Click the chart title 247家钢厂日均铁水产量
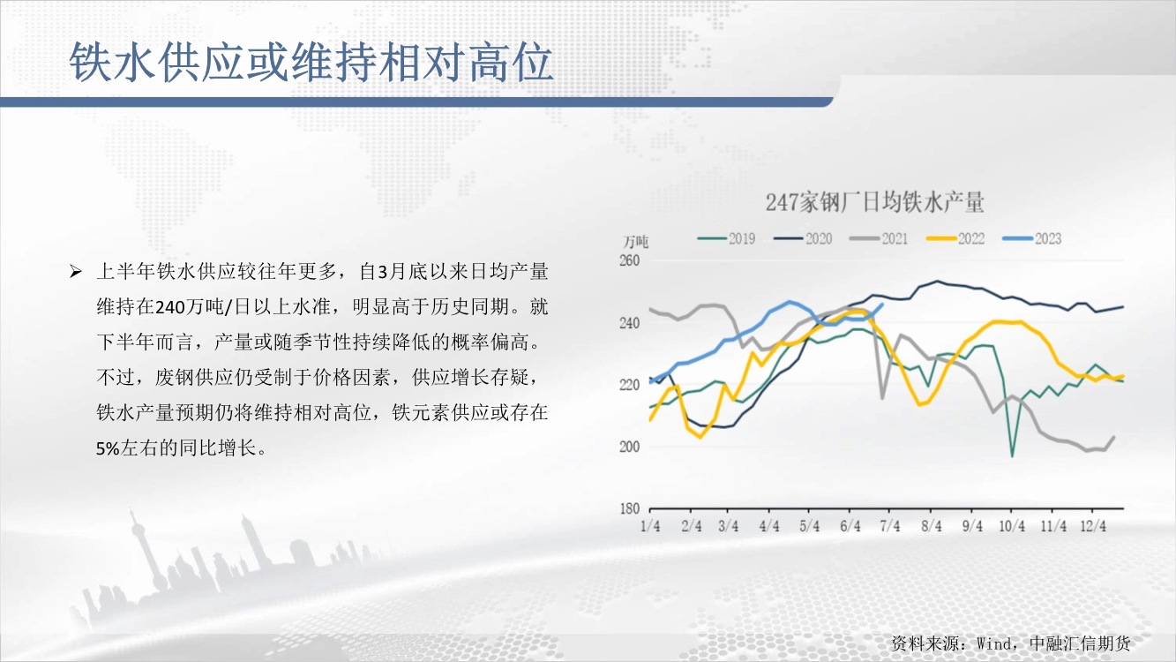click(x=874, y=202)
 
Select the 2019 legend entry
click(x=727, y=239)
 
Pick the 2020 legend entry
click(x=803, y=239)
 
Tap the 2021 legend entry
click(x=879, y=239)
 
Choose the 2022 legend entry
click(x=955, y=239)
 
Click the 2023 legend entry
click(x=1032, y=239)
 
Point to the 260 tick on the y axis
click(x=630, y=260)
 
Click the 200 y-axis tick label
click(x=630, y=447)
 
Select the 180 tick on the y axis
click(x=630, y=508)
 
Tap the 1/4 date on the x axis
click(x=650, y=526)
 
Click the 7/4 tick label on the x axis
click(x=890, y=526)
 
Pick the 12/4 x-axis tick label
click(x=1094, y=526)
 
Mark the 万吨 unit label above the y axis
click(x=636, y=242)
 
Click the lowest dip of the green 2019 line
click(x=1012, y=456)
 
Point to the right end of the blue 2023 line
click(x=882, y=305)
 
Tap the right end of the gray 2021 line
click(x=1114, y=437)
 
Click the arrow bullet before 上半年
click(x=76, y=272)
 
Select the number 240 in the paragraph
click(x=170, y=307)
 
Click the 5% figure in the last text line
click(x=109, y=448)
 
